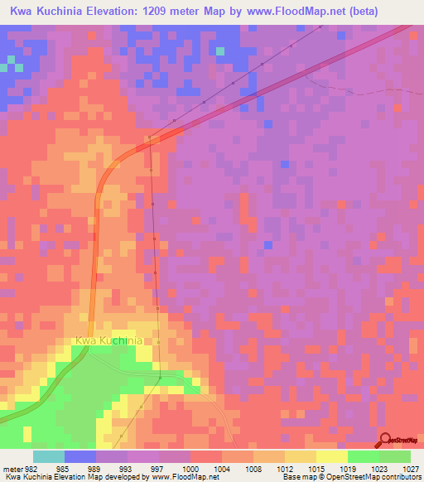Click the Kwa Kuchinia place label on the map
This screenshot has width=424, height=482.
pyautogui.click(x=108, y=340)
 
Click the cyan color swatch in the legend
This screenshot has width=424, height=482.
pyautogui.click(x=48, y=456)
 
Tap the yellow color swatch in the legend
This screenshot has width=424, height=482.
pyautogui.click(x=331, y=456)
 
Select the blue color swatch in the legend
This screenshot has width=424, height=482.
pyautogui.click(x=79, y=456)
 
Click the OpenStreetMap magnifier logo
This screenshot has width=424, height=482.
pyautogui.click(x=385, y=440)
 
